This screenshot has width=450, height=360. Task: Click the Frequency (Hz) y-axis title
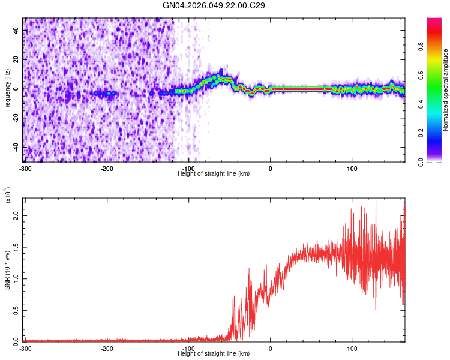coord(7,89)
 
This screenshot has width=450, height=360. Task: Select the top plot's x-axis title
coord(214,173)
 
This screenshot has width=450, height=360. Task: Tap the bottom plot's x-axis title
coord(214,353)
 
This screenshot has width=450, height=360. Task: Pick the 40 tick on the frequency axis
coord(16,29)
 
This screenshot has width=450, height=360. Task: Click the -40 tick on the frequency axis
coord(15,147)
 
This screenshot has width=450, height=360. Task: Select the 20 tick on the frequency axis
coord(16,59)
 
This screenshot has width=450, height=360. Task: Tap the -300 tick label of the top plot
coord(25,169)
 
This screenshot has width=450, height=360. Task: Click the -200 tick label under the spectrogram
coord(107,169)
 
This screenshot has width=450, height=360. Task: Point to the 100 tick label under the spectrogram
coord(352,169)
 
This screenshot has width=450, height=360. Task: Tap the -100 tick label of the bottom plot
coord(188,349)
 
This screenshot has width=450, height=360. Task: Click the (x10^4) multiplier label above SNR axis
coord(8,196)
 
